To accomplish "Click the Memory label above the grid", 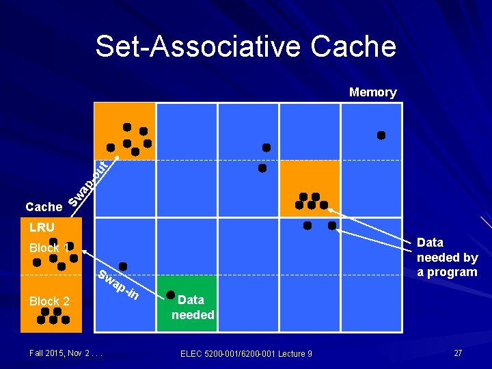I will (x=372, y=92).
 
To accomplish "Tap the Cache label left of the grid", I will (x=44, y=206).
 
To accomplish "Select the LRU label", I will (x=42, y=227).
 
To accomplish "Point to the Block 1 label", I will (x=49, y=248).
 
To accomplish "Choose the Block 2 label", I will (x=49, y=301).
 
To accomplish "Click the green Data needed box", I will (x=187, y=303).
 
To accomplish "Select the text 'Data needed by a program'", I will (x=447, y=257).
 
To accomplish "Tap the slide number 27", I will (x=458, y=353).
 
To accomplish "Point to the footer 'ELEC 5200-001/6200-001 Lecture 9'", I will (x=246, y=353).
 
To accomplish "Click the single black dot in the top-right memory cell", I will (x=381, y=135).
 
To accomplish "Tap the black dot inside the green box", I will (x=171, y=295).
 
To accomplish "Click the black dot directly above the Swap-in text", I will (x=123, y=266).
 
